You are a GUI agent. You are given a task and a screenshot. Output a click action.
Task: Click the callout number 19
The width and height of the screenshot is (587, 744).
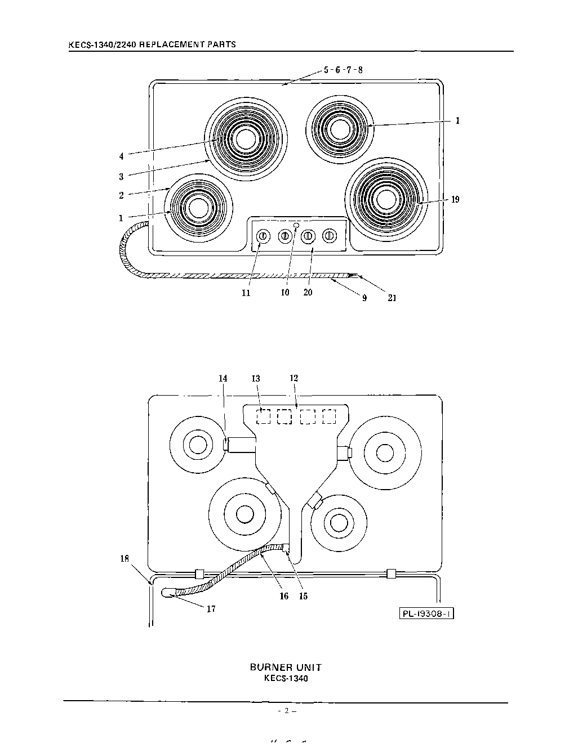click(x=455, y=199)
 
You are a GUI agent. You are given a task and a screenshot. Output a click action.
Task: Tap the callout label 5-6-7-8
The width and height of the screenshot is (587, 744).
click(x=343, y=70)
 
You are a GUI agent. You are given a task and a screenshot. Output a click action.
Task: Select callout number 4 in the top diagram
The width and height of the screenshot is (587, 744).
click(x=121, y=156)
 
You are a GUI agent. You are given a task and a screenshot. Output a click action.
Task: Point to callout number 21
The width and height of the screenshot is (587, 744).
click(x=392, y=298)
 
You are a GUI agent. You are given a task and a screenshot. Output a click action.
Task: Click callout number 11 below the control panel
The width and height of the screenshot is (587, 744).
click(x=246, y=293)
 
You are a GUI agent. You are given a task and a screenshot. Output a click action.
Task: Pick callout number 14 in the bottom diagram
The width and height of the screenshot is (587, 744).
click(x=223, y=379)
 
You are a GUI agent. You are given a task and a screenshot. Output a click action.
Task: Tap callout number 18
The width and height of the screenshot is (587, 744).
click(x=124, y=559)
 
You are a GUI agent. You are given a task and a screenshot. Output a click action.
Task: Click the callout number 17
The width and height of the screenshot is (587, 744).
click(x=211, y=609)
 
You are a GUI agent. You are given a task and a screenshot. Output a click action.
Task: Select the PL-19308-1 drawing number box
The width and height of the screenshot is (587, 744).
click(x=426, y=613)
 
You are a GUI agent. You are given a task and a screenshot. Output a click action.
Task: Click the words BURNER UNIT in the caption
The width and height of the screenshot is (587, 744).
click(x=286, y=667)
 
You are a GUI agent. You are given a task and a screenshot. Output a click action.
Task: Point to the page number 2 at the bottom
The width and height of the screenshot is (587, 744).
click(x=286, y=711)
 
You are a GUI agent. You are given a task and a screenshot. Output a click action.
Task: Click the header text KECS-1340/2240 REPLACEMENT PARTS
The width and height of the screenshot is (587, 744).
click(x=152, y=44)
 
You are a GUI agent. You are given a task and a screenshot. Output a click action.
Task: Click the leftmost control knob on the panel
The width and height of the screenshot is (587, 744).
click(x=263, y=236)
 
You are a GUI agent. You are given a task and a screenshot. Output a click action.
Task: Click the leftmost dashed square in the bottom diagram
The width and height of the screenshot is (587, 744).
click(x=263, y=416)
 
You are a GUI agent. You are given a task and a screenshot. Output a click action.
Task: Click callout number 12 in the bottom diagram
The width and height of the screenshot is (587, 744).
click(x=293, y=379)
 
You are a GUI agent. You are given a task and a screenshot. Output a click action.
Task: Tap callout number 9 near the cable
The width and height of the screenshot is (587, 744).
click(x=364, y=298)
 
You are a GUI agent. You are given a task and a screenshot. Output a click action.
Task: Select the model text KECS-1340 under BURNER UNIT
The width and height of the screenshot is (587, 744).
click(x=286, y=678)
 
